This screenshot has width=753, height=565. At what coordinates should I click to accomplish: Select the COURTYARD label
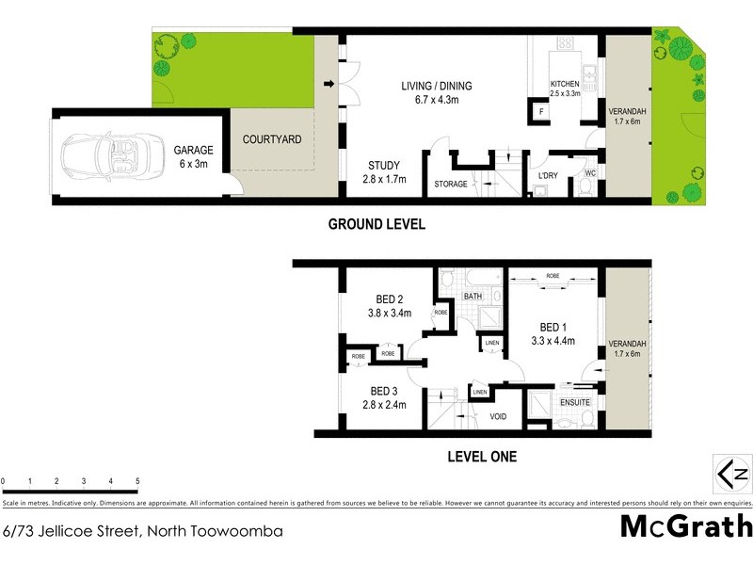coord(272,139)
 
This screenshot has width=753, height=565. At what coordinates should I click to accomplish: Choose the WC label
coord(590,172)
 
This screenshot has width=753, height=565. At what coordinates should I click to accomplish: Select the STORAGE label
coord(450,184)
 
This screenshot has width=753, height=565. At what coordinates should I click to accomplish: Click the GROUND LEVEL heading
coord(376,224)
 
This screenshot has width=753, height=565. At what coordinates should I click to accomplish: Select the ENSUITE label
coord(575,402)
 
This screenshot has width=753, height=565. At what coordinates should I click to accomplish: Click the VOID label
coord(498,415)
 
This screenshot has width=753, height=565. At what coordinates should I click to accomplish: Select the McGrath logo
coord(686,526)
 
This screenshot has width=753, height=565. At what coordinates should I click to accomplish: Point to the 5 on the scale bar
coord(137,481)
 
